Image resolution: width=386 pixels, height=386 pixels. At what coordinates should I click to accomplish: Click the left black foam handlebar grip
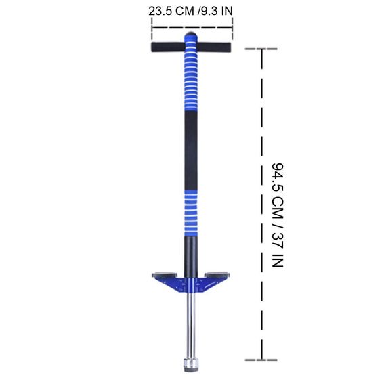click(x=168, y=47)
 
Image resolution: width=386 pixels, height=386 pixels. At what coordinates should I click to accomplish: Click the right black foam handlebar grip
click(x=214, y=47)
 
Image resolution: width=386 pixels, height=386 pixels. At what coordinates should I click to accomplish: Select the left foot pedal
click(x=165, y=275)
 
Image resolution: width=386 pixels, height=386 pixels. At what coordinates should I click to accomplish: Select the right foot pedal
click(x=217, y=275)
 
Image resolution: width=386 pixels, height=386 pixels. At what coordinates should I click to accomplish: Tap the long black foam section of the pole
click(x=191, y=150)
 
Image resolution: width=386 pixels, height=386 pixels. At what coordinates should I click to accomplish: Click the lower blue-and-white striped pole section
click(x=191, y=213)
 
